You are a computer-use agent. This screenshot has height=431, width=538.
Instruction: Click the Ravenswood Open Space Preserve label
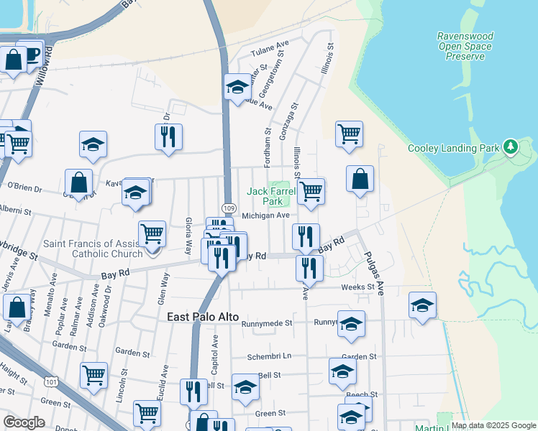pos(464,46)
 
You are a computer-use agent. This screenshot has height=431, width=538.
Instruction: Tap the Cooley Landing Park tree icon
pos(511,147)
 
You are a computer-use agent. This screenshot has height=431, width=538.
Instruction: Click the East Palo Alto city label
pos(203,317)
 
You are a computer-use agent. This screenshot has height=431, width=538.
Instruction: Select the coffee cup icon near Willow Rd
pos(32,55)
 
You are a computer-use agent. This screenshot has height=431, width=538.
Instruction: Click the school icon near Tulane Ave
pos(237,88)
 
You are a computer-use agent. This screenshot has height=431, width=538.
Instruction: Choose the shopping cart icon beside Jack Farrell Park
pos(311,191)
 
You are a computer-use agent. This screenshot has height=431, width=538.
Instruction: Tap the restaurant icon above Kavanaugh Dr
pos(168,136)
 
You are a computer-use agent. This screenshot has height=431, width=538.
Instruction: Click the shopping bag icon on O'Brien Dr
pos(78,184)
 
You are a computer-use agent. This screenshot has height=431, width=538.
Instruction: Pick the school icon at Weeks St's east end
pos(422,305)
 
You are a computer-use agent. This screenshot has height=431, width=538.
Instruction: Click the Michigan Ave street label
pos(265,215)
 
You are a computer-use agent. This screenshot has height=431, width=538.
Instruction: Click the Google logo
pos(24,422)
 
